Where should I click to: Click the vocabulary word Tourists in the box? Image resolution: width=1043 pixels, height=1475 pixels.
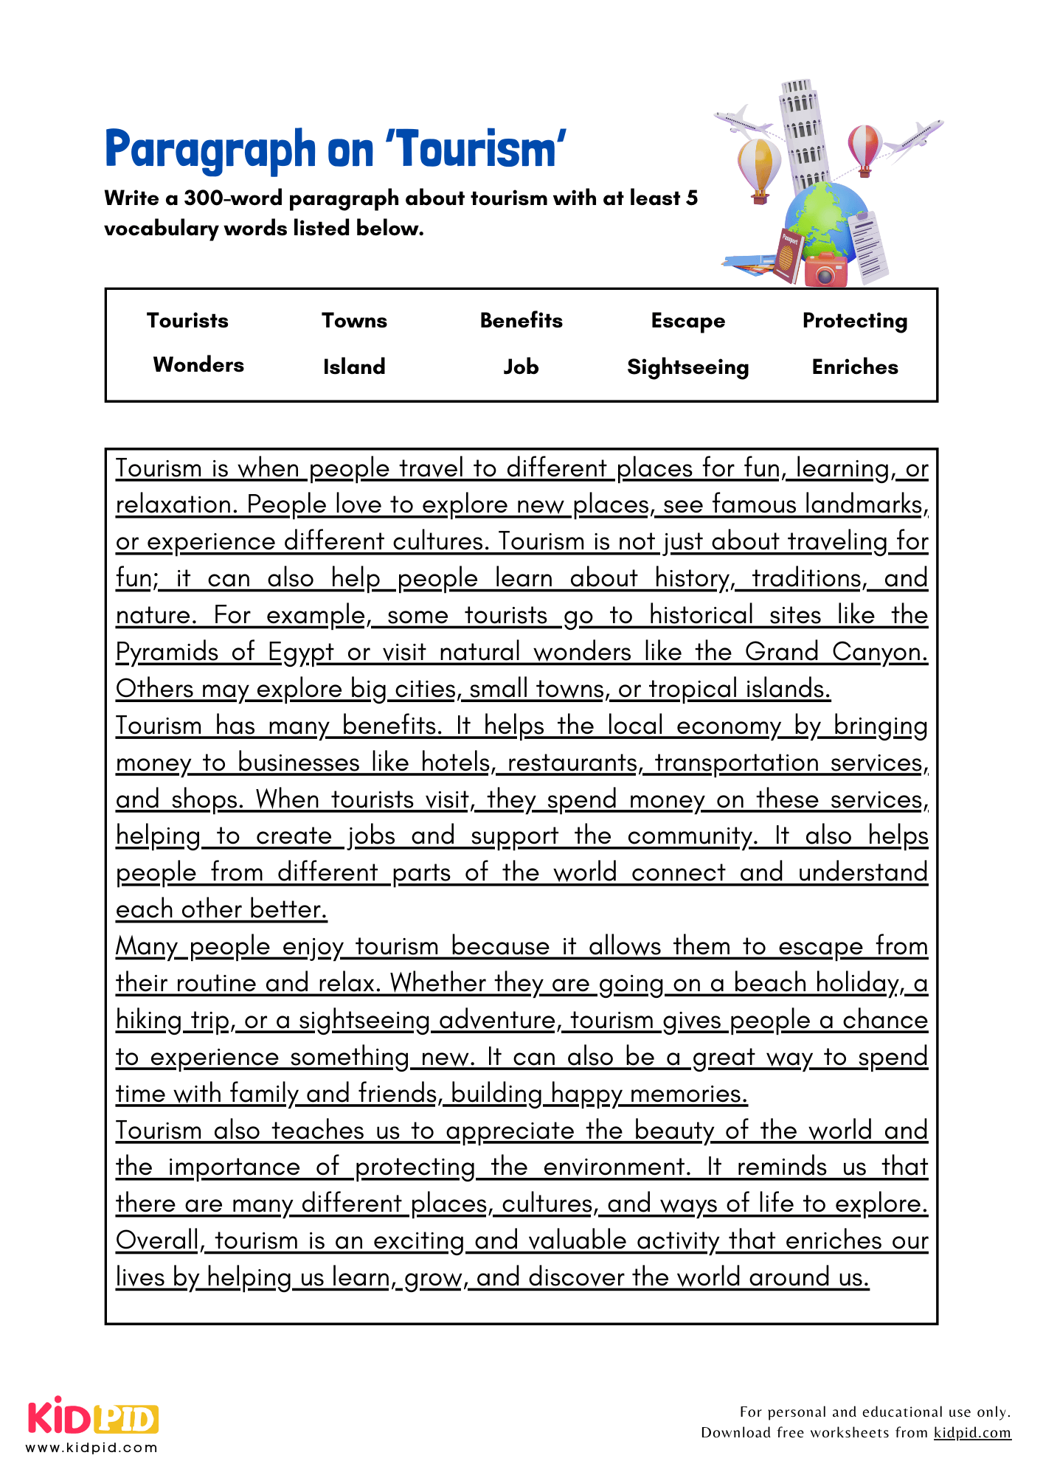pos(187,320)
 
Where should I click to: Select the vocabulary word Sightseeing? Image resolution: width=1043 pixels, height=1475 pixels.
pos(687,367)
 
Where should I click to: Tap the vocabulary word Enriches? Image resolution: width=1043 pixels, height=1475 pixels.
pos(854,367)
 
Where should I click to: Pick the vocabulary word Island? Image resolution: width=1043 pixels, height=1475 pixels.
pos(354,367)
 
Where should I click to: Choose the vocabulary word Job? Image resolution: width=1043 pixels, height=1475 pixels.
pos(521,367)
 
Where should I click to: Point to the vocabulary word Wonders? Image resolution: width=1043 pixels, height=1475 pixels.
pos(198,364)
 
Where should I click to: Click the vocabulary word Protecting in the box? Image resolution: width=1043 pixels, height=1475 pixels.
pos(854,320)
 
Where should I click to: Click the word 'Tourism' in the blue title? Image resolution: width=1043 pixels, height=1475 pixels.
pos(476,149)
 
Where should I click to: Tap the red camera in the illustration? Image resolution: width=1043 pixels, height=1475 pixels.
pos(825,270)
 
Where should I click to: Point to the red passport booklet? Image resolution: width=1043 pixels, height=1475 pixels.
pos(788,255)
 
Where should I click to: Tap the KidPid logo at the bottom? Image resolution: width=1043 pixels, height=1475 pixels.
pos(94,1417)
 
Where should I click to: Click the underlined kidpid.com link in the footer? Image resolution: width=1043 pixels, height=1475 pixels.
pos(972,1432)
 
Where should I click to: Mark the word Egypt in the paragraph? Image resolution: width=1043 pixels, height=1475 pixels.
pos(301,652)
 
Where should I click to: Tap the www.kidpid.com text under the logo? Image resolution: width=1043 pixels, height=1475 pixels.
pos(92,1447)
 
